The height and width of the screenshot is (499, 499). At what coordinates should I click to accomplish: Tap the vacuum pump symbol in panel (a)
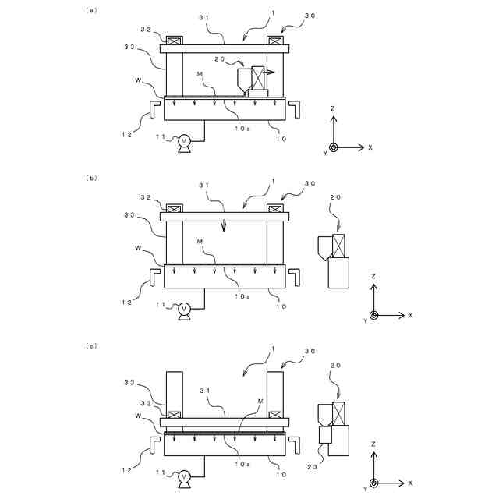pos(185,140)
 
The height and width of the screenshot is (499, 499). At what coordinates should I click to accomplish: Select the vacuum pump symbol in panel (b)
pos(185,309)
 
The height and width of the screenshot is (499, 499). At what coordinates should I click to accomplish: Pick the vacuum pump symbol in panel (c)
pos(185,476)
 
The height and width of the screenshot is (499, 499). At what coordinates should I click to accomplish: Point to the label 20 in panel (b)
pos(335,198)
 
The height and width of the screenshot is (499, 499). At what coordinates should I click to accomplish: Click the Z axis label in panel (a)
pos(333,108)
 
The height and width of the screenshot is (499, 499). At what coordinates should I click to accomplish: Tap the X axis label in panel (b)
pos(410,315)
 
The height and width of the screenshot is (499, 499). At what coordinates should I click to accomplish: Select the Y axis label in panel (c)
pos(365,489)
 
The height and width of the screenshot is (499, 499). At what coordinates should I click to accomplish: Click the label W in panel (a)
pos(138,80)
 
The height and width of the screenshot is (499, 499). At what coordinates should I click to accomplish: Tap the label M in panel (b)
pos(200,242)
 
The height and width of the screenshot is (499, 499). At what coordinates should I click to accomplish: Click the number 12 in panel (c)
pos(126,470)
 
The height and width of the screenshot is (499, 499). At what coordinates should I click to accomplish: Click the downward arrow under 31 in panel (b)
pos(225,225)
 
